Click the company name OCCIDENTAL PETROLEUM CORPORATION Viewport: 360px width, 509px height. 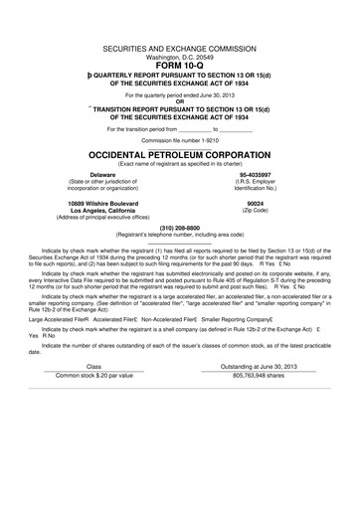point(179,156)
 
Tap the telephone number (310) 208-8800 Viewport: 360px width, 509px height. point(179,227)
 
